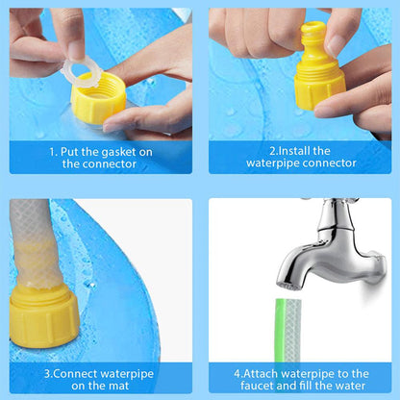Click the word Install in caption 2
click(x=289, y=151)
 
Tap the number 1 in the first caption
click(x=53, y=151)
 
